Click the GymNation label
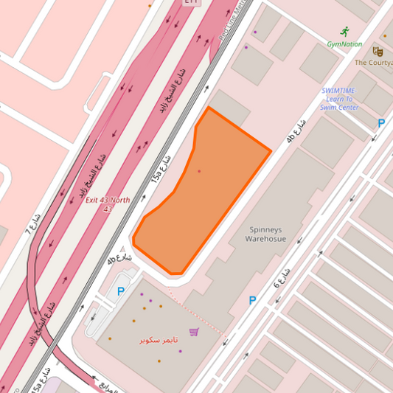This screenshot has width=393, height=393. point(344,44)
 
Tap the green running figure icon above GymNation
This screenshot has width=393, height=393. point(344,31)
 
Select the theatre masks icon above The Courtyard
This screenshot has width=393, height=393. point(378,52)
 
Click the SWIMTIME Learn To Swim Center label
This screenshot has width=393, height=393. point(339,99)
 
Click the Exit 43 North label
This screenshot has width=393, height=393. point(108,204)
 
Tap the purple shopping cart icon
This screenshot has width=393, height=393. point(194,332)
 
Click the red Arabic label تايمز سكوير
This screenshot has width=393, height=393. point(159,340)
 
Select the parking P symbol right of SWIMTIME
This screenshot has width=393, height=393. point(381,124)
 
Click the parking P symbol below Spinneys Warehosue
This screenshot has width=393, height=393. point(253,300)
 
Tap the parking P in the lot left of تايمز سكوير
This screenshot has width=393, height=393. point(120,291)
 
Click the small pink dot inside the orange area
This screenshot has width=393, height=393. point(198,171)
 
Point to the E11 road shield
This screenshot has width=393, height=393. point(191,2)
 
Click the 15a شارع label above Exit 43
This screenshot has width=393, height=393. point(161,169)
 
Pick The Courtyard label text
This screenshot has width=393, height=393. point(374,63)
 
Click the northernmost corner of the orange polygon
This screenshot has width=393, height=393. point(209,108)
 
